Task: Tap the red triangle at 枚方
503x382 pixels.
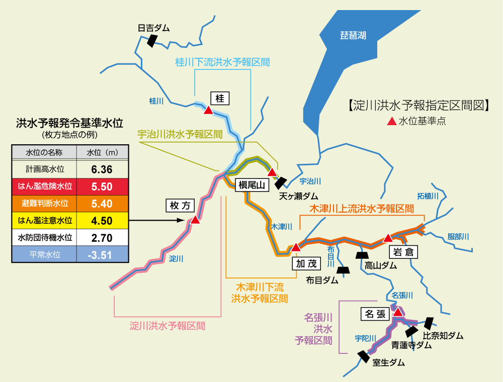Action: [195, 220]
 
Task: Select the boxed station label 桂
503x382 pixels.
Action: [220, 98]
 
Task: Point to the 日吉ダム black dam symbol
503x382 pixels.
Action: [150, 41]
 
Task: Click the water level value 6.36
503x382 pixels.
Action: [102, 169]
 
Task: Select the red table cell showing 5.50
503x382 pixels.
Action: [102, 186]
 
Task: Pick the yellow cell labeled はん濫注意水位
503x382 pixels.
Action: [44, 220]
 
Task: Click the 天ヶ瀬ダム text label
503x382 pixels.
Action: [299, 196]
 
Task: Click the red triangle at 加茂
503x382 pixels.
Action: [296, 247]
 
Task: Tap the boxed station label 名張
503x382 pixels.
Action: [375, 314]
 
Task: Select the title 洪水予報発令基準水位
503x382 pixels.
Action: [70, 123]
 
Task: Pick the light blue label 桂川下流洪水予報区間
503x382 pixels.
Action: [222, 62]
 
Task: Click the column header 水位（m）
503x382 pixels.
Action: [102, 152]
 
